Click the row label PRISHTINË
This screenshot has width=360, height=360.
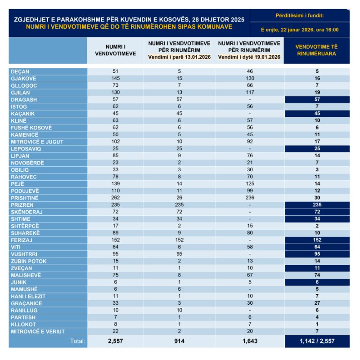(x=25, y=197)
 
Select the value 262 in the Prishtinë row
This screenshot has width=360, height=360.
(x=115, y=197)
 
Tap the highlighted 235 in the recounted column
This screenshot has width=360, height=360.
(x=317, y=204)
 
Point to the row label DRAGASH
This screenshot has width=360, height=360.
(x=23, y=99)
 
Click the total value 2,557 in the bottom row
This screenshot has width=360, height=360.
(x=115, y=341)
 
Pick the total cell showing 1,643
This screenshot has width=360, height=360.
(x=249, y=341)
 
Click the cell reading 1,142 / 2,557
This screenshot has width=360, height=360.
(x=317, y=341)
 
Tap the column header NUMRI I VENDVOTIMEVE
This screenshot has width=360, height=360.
(x=116, y=50)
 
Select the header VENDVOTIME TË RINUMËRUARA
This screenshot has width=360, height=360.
(x=317, y=50)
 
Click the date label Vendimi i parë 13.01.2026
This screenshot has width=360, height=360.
(x=180, y=58)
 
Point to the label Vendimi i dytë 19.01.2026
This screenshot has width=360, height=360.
(x=249, y=58)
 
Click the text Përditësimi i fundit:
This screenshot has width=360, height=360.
(x=300, y=16)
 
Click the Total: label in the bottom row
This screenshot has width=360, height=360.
(x=77, y=341)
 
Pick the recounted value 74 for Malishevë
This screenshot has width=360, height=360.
(x=317, y=275)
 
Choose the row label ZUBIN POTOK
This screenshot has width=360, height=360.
(x=27, y=261)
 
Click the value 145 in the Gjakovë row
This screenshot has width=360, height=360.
(x=115, y=78)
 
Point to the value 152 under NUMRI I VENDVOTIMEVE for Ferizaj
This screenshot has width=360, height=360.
(x=115, y=240)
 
